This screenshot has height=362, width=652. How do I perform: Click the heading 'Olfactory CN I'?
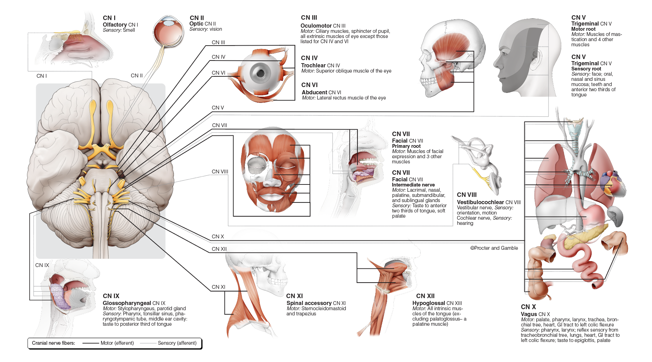(120, 25)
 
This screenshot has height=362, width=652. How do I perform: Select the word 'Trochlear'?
(313, 65)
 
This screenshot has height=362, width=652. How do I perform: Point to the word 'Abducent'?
(314, 92)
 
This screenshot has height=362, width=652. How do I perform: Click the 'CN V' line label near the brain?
(218, 108)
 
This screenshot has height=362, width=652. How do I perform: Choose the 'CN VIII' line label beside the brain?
(220, 172)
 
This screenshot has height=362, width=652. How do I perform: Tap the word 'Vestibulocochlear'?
(481, 202)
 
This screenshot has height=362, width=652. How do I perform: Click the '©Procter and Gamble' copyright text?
(494, 248)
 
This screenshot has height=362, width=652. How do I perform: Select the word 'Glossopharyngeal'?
(127, 303)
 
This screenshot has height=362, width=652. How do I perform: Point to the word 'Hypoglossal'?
(429, 303)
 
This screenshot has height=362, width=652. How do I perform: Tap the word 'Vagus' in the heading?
(529, 314)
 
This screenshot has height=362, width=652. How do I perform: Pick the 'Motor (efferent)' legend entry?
(117, 343)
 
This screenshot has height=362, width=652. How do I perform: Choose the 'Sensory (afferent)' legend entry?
(177, 343)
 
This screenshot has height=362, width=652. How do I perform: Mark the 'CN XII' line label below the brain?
(219, 249)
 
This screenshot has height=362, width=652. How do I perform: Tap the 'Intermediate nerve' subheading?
(413, 185)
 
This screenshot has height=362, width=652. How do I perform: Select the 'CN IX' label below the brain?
(42, 265)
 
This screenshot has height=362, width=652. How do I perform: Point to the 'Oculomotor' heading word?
(316, 26)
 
